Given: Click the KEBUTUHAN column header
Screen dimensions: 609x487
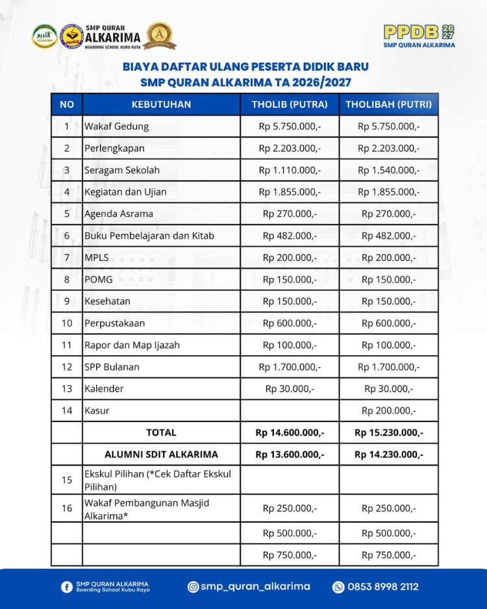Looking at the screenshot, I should [x=161, y=104].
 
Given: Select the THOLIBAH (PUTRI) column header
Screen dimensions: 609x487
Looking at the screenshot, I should [x=388, y=104].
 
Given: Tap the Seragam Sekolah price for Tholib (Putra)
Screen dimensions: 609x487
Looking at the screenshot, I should [x=290, y=170].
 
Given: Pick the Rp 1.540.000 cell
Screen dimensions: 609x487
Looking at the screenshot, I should [x=388, y=170].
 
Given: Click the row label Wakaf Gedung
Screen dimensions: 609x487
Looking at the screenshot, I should [x=117, y=126].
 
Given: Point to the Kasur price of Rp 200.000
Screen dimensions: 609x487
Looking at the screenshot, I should [x=388, y=410].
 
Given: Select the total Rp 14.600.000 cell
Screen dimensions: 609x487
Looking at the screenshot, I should [x=290, y=432].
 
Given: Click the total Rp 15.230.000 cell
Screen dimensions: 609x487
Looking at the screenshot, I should [x=388, y=432].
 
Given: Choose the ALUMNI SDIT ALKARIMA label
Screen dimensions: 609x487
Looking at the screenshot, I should [x=161, y=454].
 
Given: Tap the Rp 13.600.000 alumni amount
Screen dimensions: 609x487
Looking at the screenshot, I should [x=290, y=454].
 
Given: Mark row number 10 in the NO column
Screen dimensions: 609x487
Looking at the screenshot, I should [x=67, y=323].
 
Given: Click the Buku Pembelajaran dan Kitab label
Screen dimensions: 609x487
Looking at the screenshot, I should [x=149, y=236].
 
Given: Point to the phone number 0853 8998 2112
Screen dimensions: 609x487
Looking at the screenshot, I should [x=383, y=587].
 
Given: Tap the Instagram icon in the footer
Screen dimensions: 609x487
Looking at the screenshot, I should [x=193, y=587].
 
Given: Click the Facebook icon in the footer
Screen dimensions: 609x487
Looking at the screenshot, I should [x=66, y=587].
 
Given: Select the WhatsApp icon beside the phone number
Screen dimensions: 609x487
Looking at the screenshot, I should [x=338, y=587].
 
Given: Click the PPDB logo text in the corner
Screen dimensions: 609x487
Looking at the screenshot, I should [x=412, y=32].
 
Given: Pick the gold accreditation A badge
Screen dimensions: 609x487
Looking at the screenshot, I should [x=160, y=35].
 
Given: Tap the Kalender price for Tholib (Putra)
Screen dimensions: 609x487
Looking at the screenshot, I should [x=290, y=388].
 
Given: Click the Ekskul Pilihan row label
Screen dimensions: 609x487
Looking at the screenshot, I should [x=158, y=480].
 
